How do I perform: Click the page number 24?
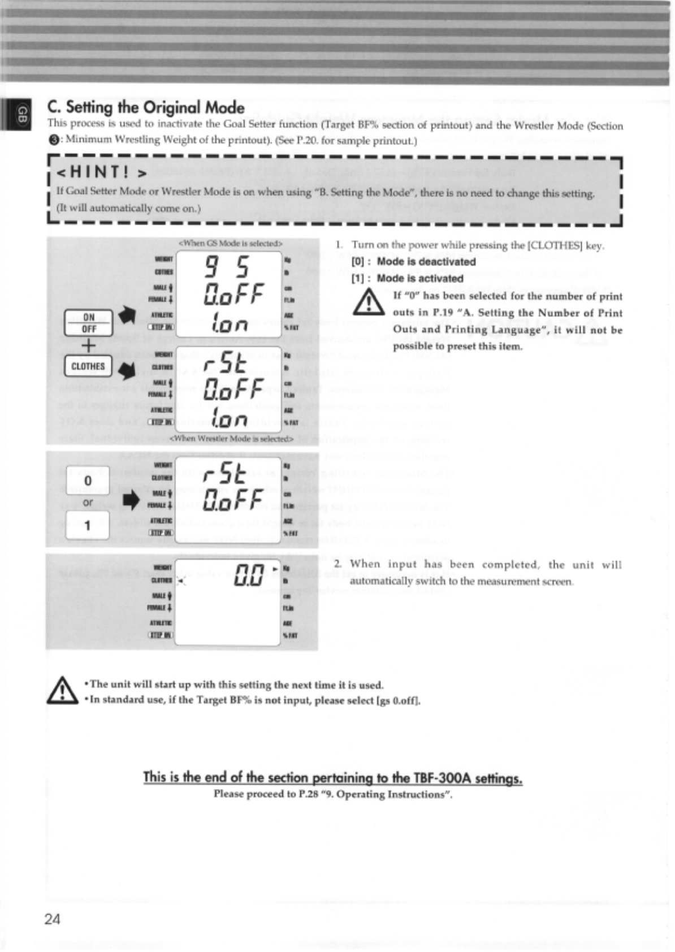click(x=52, y=919)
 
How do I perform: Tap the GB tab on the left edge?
click(x=21, y=114)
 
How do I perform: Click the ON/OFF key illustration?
click(x=88, y=323)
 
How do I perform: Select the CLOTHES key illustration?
click(x=88, y=366)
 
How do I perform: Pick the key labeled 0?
click(x=87, y=481)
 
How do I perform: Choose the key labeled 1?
click(x=87, y=525)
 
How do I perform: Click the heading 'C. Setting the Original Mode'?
click(x=146, y=107)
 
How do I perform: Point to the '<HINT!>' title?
click(x=102, y=171)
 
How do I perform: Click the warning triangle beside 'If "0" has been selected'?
click(x=368, y=302)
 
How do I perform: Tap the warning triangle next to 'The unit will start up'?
click(x=62, y=691)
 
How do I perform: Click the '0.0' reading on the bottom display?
click(x=249, y=576)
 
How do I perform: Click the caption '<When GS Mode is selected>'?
click(x=230, y=243)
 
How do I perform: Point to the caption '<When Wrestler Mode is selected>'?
click(x=232, y=438)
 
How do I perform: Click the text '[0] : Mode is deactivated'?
click(x=413, y=262)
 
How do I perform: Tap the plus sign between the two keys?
click(x=88, y=345)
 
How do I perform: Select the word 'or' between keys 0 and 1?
click(x=88, y=503)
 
